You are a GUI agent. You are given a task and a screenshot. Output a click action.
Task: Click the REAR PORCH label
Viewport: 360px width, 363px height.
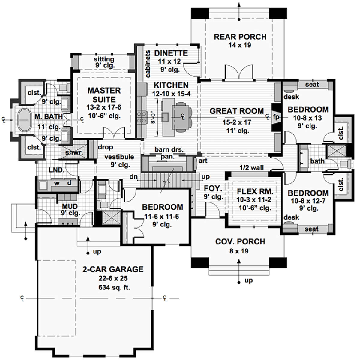click(x=240, y=37)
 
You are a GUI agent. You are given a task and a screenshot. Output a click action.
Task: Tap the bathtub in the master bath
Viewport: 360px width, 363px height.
click(x=25, y=120)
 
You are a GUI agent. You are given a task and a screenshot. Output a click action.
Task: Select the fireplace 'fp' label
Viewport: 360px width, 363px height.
click(x=276, y=117)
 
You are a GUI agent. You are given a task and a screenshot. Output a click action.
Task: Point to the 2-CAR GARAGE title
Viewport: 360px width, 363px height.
click(x=113, y=269)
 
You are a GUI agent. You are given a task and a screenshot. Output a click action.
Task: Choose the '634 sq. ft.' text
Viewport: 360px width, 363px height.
click(x=114, y=287)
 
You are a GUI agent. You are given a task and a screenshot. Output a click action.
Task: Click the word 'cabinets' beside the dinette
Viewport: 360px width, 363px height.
click(x=148, y=64)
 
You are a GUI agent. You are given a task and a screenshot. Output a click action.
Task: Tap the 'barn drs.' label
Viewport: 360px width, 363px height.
click(x=169, y=150)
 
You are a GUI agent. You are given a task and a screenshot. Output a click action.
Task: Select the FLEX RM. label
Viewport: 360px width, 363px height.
click(x=255, y=191)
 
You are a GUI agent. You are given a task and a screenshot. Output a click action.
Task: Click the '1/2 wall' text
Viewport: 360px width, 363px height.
click(x=252, y=167)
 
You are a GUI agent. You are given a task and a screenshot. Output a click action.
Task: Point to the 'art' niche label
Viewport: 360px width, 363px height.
click(x=203, y=161)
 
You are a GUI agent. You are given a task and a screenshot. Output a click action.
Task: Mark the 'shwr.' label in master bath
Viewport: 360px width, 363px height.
click(x=74, y=152)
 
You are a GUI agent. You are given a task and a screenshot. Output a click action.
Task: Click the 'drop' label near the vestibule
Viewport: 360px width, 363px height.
click(x=106, y=147)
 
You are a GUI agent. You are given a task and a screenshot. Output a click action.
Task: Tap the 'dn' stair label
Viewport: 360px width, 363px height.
click(x=133, y=176)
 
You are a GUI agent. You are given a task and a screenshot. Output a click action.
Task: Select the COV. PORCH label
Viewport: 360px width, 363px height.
click(x=240, y=242)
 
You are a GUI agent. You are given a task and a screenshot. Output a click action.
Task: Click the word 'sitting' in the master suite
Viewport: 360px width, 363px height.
click(x=104, y=59)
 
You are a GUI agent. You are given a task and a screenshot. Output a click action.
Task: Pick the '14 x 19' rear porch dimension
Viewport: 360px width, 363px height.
click(x=240, y=45)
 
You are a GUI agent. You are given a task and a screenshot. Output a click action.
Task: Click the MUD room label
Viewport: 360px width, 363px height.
click(x=70, y=206)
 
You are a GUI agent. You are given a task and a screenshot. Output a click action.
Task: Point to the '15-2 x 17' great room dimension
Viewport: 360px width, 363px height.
click(x=237, y=122)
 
